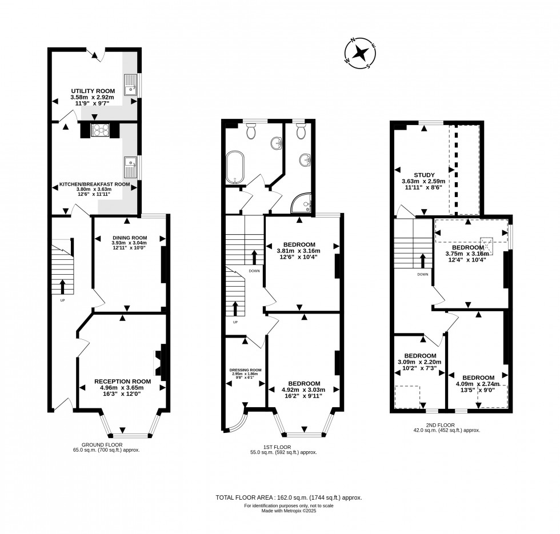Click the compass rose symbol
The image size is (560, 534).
coord(361,53)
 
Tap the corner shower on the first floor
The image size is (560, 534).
coord(303,202)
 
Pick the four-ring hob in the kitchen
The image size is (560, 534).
coord(101,130)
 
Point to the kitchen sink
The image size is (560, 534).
coord(130,167)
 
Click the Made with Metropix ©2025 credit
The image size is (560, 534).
coord(280,511)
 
